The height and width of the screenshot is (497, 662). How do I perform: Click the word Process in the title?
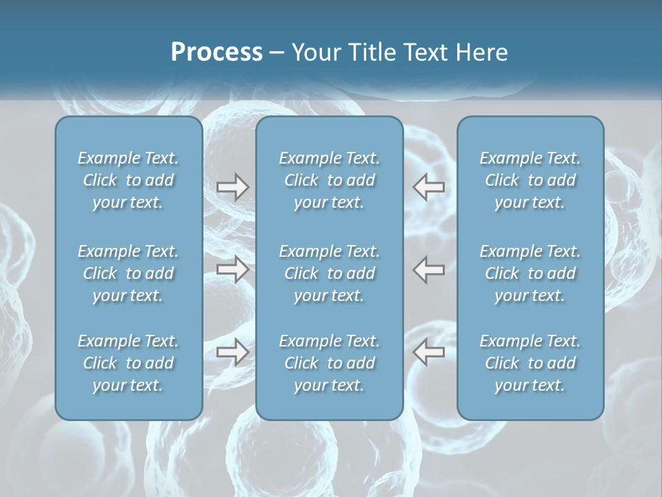(217, 52)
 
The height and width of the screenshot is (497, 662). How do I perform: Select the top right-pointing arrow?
(233, 187)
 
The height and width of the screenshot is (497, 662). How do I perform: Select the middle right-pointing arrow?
(233, 269)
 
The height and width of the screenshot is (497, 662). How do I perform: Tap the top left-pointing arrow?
(429, 187)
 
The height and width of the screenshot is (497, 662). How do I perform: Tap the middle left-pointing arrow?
(429, 269)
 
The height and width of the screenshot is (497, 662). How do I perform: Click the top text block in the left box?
(128, 180)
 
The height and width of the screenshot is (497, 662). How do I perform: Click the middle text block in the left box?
(128, 273)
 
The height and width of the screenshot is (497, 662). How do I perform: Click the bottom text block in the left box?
(128, 363)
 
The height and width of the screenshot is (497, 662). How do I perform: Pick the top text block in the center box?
(329, 180)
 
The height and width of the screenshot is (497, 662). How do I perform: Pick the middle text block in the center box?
(329, 273)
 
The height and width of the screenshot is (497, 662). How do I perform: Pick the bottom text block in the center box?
(329, 363)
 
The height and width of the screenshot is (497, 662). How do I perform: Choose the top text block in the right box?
(530, 180)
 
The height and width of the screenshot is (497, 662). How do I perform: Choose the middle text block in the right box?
(530, 273)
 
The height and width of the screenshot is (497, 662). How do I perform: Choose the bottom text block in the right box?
(530, 363)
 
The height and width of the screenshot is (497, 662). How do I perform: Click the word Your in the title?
(314, 52)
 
